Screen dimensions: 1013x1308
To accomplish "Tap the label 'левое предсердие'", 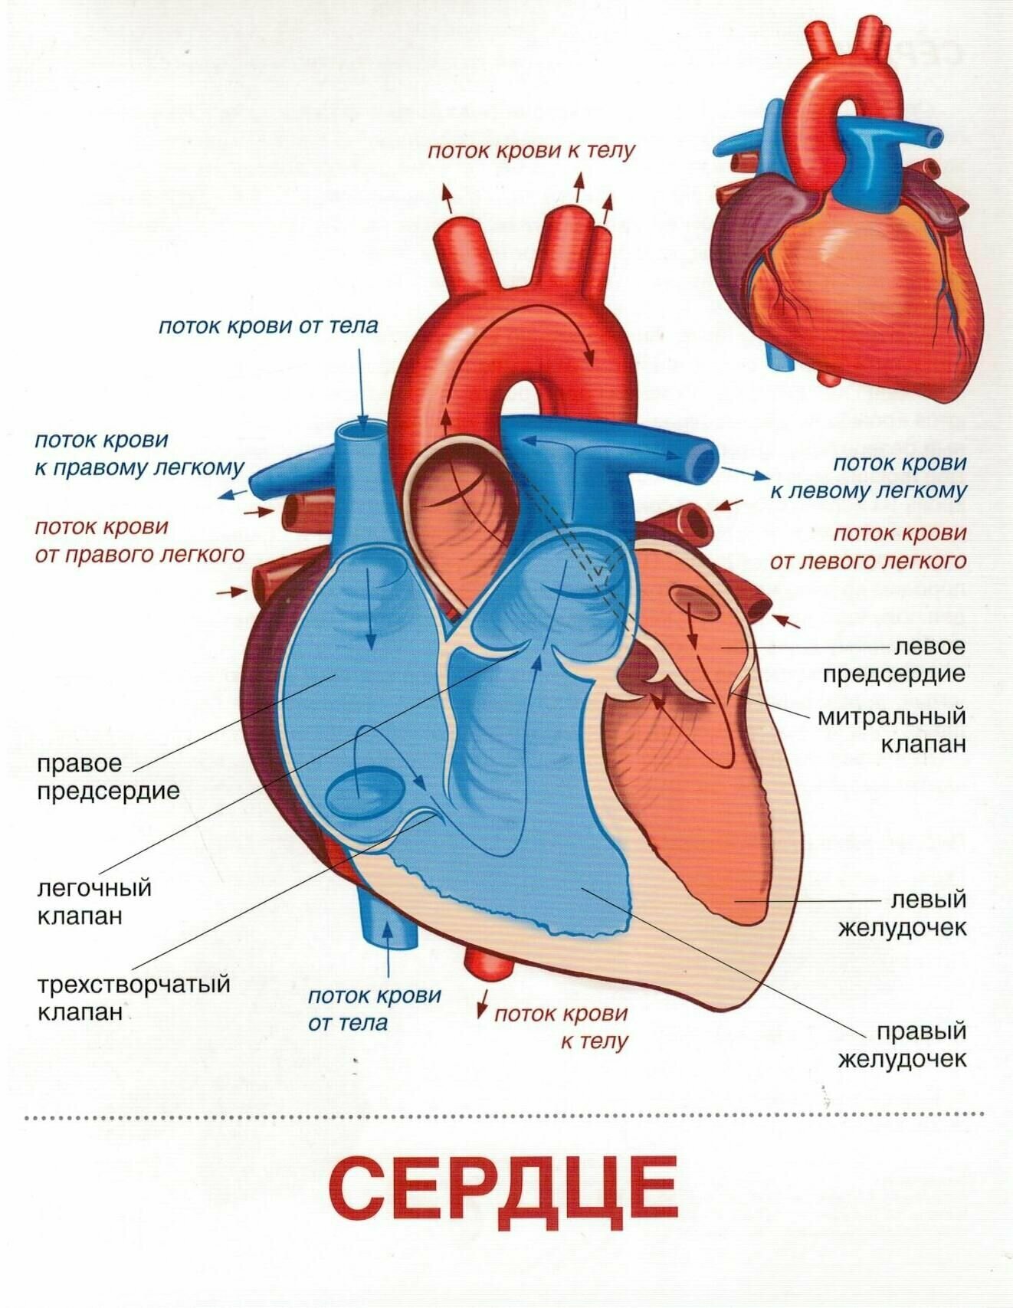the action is pyautogui.click(x=893, y=661).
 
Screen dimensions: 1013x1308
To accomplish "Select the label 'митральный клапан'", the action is pyautogui.click(x=892, y=730).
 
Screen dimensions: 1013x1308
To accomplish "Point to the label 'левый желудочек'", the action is pyautogui.click(x=901, y=913).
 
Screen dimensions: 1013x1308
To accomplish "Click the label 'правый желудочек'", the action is pyautogui.click(x=901, y=1045).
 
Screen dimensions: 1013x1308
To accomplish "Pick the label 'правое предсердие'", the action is pyautogui.click(x=108, y=777).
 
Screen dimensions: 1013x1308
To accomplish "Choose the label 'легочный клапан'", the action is pyautogui.click(x=94, y=902).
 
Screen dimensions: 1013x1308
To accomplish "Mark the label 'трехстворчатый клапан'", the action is pyautogui.click(x=133, y=998).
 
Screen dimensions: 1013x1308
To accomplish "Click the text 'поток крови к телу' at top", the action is pyautogui.click(x=532, y=150).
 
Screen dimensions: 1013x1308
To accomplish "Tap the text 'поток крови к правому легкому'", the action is pyautogui.click(x=139, y=454).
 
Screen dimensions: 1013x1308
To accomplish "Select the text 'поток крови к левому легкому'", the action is pyautogui.click(x=868, y=477).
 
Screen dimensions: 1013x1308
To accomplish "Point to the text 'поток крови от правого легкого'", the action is pyautogui.click(x=139, y=540).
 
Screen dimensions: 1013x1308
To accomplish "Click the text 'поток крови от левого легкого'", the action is pyautogui.click(x=868, y=547).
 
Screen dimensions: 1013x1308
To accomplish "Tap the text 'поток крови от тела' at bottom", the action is pyautogui.click(x=374, y=1008).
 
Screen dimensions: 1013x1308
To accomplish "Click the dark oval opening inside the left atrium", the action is pyautogui.click(x=694, y=603).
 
